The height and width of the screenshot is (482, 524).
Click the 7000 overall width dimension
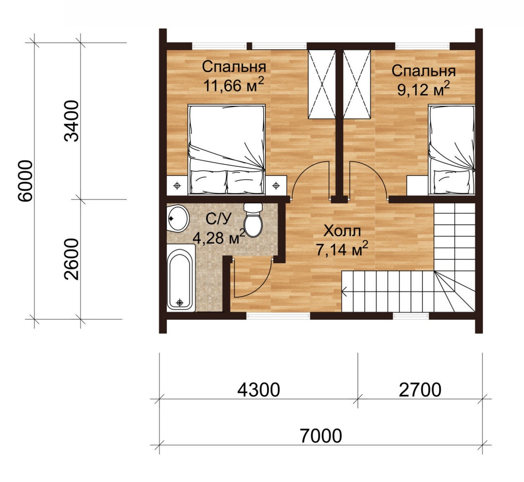[x=321, y=436]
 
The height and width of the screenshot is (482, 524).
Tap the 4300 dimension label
[x=258, y=390]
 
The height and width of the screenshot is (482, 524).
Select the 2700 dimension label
[x=420, y=390]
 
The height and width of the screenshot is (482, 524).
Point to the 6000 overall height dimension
[x=26, y=181]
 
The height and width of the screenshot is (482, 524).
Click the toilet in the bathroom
[x=253, y=220]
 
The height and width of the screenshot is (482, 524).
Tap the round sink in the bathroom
[x=178, y=218]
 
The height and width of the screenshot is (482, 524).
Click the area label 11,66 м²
[x=234, y=85]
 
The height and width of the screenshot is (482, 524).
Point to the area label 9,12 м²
[x=423, y=89]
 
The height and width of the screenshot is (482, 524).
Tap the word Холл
[x=342, y=231]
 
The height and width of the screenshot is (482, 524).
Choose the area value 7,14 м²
[x=342, y=250]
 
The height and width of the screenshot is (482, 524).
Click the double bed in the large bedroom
[x=227, y=149]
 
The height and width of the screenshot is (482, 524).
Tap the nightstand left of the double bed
[x=177, y=186]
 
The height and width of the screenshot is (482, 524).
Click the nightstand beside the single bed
[x=418, y=185]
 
